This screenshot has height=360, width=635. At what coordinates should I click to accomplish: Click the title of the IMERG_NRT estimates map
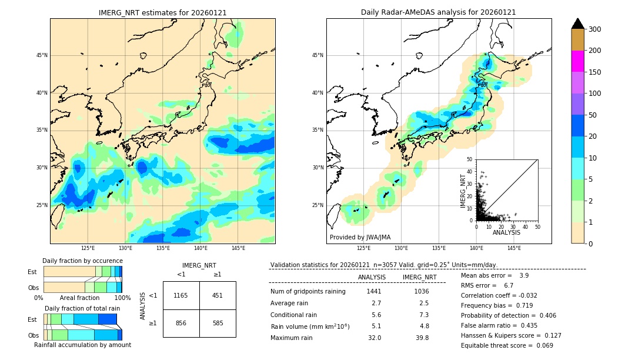[x=162, y=12]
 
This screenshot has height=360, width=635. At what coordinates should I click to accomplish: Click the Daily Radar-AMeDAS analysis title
[x=439, y=12]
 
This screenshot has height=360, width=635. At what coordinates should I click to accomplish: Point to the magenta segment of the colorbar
[x=577, y=61]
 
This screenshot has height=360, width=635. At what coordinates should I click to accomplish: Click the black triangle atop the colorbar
[x=577, y=24]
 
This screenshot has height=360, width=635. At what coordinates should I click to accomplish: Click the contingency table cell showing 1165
[x=181, y=295]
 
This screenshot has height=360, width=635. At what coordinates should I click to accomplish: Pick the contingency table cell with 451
[x=218, y=295]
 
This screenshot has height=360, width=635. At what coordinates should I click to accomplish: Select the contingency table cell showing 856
[x=181, y=323]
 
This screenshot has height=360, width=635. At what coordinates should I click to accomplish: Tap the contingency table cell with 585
[x=218, y=323]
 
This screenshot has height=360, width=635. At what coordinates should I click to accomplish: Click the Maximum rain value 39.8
[x=422, y=338]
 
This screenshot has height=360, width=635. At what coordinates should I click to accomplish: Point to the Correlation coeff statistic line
[x=499, y=295]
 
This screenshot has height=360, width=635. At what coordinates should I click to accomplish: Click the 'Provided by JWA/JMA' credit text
[x=360, y=237]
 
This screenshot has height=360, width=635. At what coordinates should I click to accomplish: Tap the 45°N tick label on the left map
[x=42, y=55]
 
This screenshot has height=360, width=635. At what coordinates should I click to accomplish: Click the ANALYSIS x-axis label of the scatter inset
[x=506, y=232]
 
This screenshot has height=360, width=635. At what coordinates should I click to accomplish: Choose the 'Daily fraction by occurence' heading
[x=82, y=261]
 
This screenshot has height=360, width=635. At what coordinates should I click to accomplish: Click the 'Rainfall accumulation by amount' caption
[x=82, y=345]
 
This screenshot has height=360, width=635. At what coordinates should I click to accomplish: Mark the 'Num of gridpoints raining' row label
[x=308, y=291]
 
